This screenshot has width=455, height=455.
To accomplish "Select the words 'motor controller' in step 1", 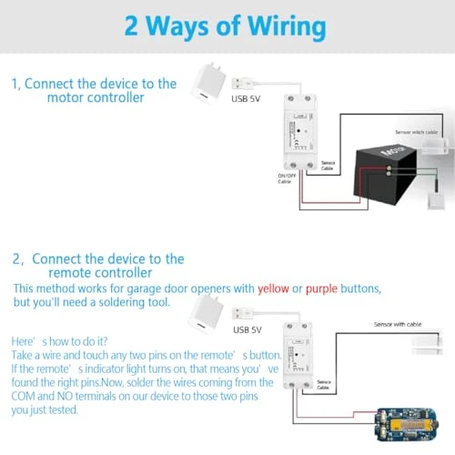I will [96, 98].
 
